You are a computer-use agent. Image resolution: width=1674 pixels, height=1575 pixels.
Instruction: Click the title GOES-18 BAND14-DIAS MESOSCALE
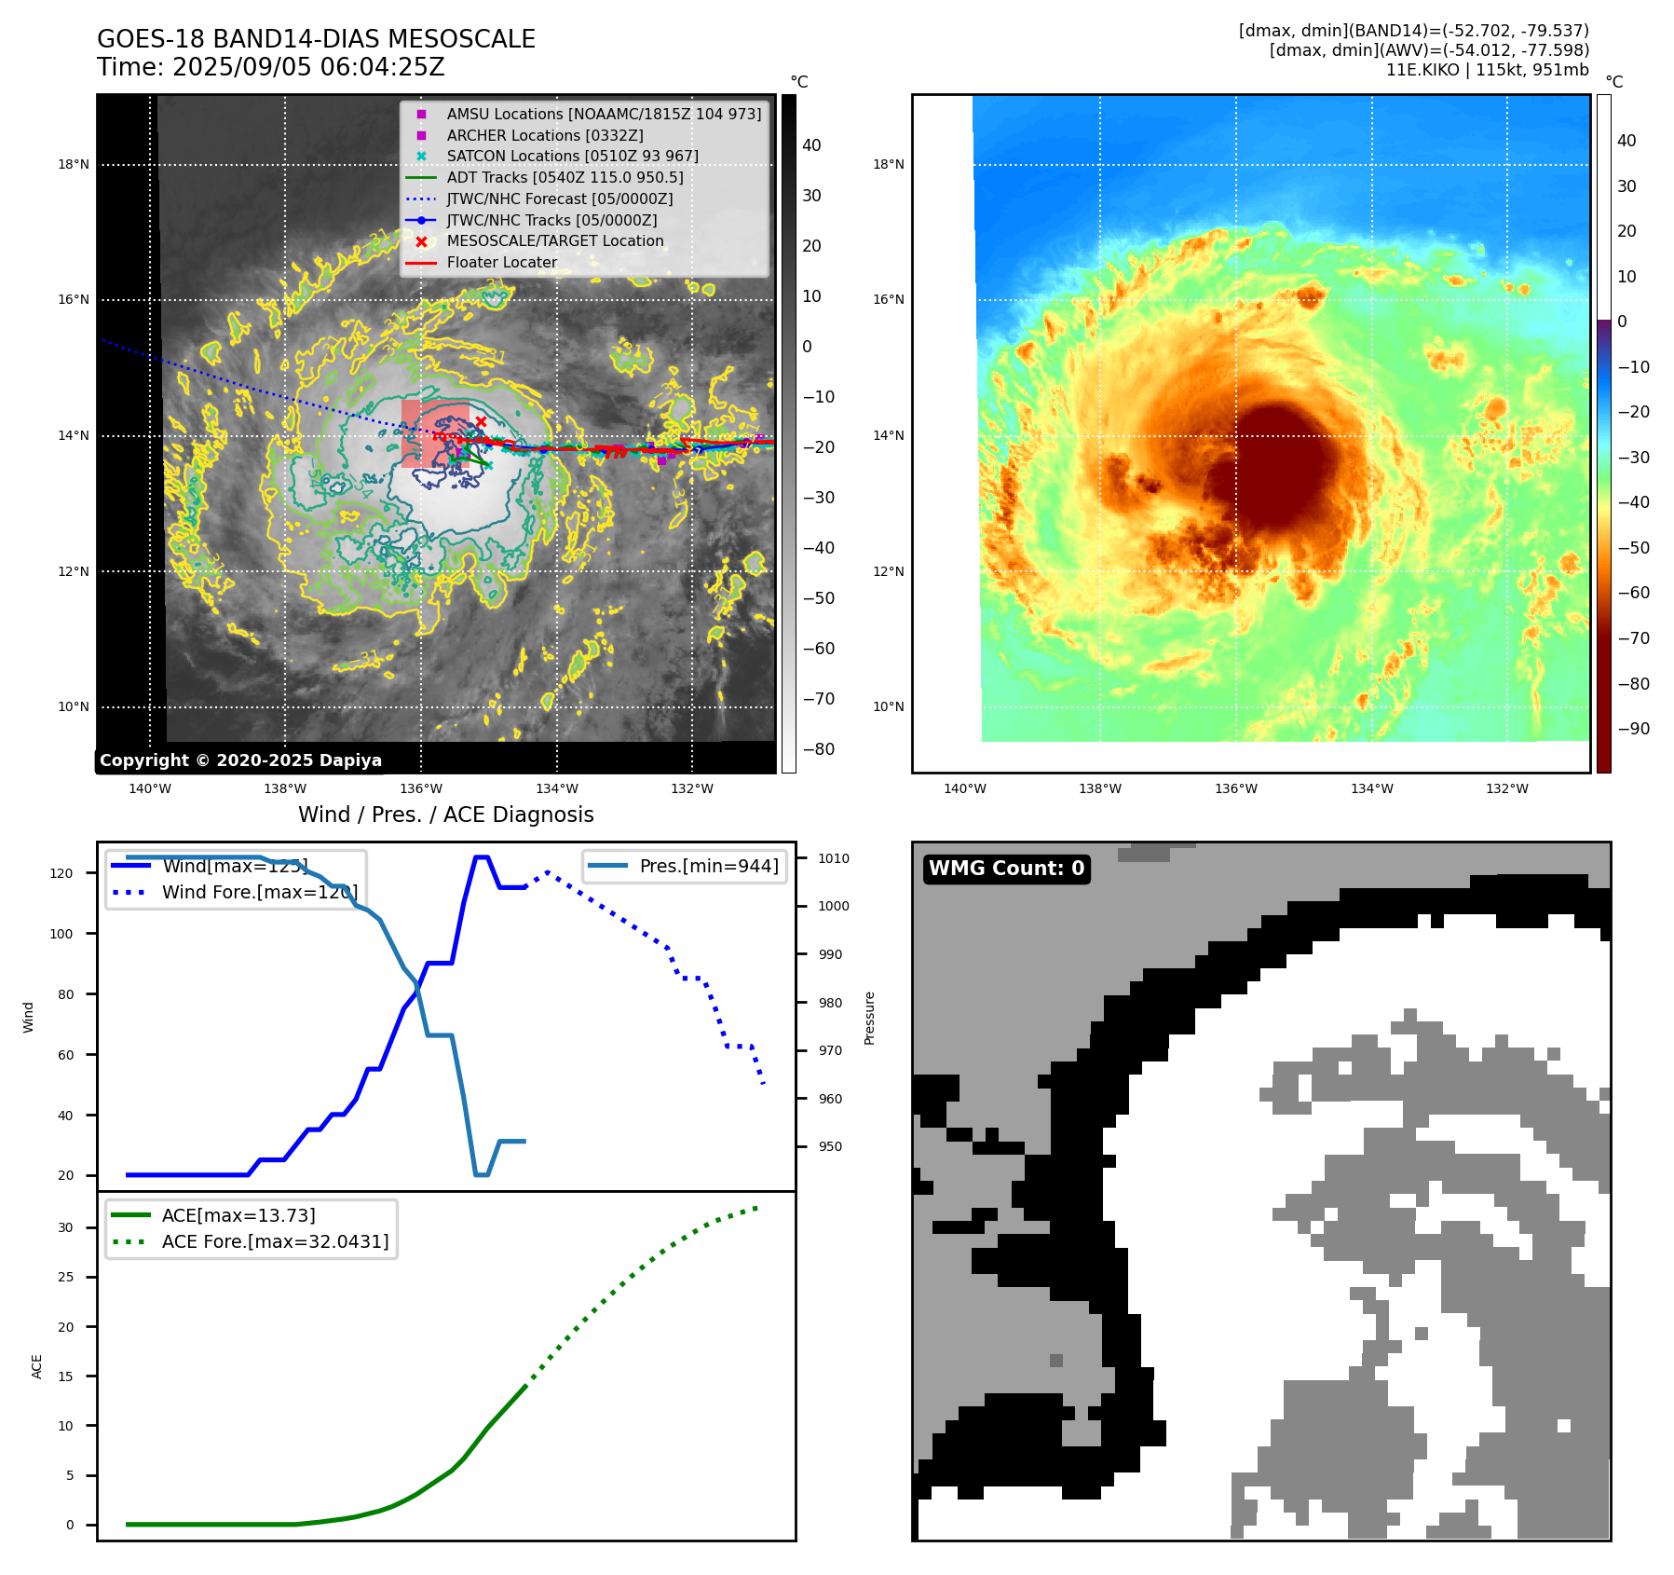[x=316, y=39]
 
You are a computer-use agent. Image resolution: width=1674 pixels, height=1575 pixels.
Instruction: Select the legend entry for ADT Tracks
[x=565, y=177]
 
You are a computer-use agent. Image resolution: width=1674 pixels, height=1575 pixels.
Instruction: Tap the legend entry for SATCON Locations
[x=572, y=156]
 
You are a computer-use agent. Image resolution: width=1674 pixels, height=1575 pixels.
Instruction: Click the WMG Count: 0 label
[x=1006, y=869]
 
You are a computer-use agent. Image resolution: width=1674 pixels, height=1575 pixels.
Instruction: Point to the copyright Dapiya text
[x=240, y=760]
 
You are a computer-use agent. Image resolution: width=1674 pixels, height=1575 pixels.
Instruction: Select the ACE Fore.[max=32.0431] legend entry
[x=275, y=1241]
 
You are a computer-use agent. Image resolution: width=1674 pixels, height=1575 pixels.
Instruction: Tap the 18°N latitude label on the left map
[x=74, y=165]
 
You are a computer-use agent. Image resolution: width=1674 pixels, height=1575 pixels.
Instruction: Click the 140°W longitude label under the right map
[x=964, y=788]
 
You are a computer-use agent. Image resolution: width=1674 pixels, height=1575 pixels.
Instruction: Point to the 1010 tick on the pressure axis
[x=834, y=858]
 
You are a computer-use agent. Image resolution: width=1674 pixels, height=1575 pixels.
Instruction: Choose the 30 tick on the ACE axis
[x=65, y=1227]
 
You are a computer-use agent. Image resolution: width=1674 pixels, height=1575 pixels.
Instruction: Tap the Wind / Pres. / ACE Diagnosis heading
[x=445, y=815]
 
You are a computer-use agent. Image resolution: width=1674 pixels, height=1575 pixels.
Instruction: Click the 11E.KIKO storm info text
[x=1487, y=70]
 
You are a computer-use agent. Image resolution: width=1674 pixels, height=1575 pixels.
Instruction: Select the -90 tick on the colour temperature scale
[x=1633, y=729]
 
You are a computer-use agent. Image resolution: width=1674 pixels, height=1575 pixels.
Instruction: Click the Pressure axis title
[x=869, y=1018]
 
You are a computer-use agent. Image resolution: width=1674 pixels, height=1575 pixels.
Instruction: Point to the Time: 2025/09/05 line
[x=270, y=67]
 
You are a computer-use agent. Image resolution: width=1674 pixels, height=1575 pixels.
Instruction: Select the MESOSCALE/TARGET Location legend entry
[x=554, y=240]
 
